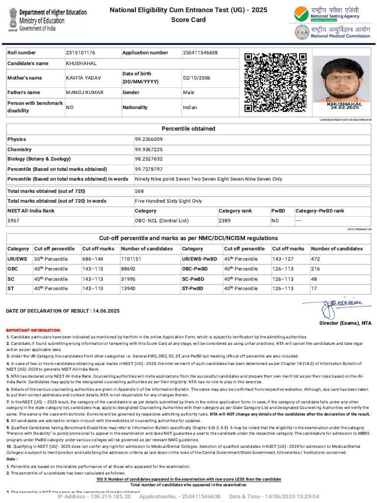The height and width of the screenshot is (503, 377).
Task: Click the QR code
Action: point(275,83)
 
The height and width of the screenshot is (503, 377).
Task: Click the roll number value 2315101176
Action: point(81,53)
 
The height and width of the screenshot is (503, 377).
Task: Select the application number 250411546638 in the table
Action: point(200,53)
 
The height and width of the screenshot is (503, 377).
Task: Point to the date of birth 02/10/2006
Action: point(196,78)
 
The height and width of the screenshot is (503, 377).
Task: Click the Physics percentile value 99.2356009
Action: point(149,140)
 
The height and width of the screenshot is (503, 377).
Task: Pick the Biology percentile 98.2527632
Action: point(149,159)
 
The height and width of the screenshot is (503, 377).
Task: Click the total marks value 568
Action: point(139,191)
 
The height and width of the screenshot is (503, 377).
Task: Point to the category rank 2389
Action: point(225,221)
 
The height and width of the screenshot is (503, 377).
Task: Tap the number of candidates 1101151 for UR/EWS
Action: point(131,259)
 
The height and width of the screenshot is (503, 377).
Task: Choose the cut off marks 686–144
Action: point(92,259)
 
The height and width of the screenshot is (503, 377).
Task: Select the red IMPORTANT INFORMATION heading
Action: point(33,331)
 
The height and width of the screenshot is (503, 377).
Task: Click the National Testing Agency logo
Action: point(327,14)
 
